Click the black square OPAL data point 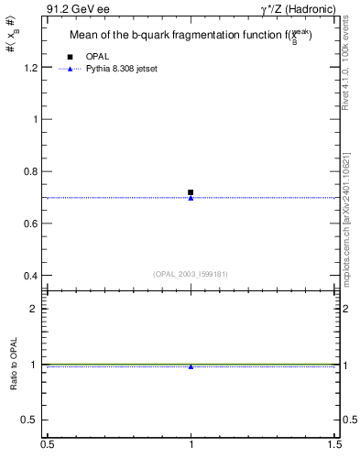coord(191,192)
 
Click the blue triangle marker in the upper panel coord(191,198)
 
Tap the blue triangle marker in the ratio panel coord(191,366)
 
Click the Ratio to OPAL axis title coord(13,365)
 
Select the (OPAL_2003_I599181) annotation coord(191,273)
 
